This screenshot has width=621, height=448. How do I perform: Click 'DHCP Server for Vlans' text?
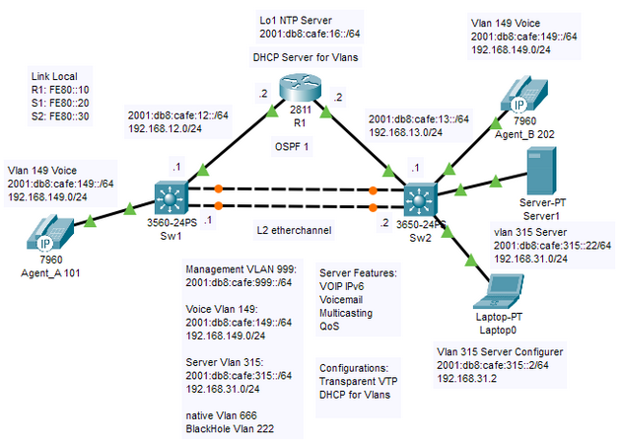(x=296, y=57)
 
